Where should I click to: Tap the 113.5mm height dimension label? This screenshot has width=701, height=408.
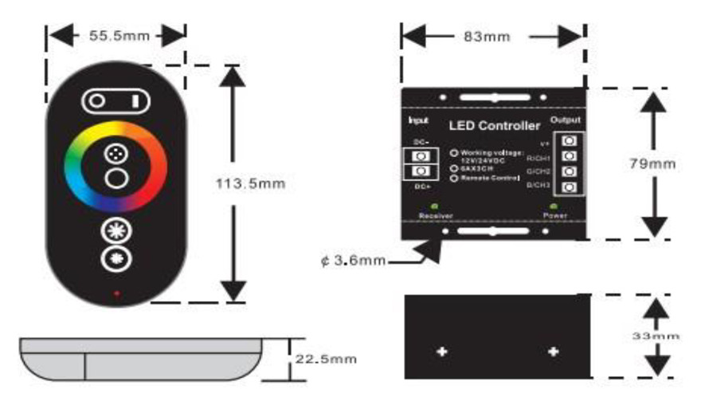point(250,183)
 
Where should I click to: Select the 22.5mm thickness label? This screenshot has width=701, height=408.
point(325,359)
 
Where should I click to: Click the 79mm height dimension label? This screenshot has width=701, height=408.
point(652,163)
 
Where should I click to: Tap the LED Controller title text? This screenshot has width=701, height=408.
point(495,125)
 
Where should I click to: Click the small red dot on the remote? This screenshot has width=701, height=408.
point(116,293)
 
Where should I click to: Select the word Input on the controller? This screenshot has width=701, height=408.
point(418,121)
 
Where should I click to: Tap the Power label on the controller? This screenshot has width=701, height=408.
point(554,215)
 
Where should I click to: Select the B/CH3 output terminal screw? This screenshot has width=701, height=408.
point(570,186)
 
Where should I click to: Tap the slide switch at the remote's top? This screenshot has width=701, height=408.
point(116,101)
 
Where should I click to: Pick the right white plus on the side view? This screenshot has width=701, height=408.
point(553,351)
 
